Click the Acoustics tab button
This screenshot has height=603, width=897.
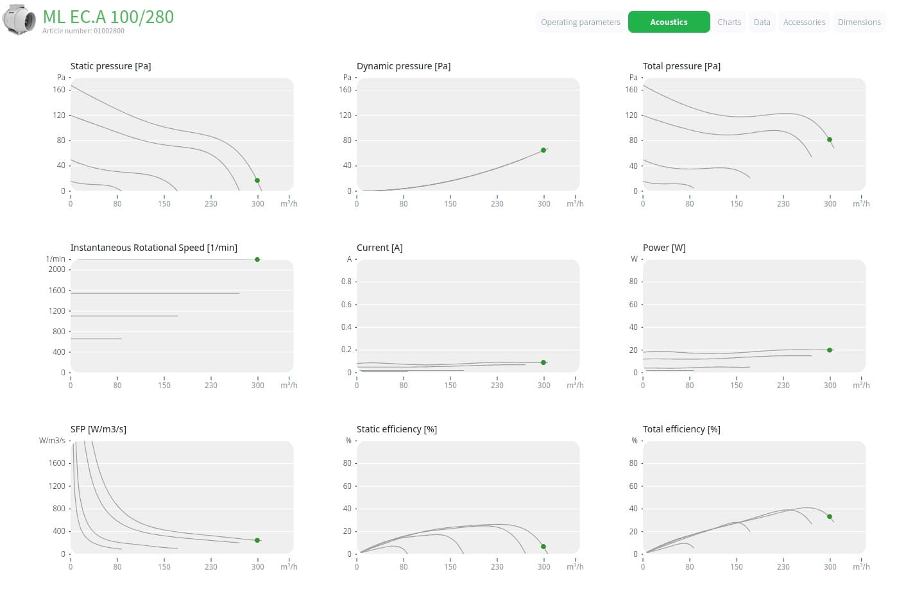[x=669, y=22]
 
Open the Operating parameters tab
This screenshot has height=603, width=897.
[x=580, y=22]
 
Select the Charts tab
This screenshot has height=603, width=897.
[x=729, y=22]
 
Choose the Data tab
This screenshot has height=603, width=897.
[x=762, y=22]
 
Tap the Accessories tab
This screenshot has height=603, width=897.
[x=804, y=22]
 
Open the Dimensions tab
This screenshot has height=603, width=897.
[x=859, y=22]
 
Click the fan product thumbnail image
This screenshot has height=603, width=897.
[x=19, y=19]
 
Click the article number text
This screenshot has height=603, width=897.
[x=83, y=31]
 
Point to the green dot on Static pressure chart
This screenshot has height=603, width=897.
[x=257, y=181]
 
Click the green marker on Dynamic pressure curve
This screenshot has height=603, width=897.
[x=543, y=150]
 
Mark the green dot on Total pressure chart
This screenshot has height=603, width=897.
[x=830, y=140]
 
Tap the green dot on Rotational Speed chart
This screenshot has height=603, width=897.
[x=257, y=259]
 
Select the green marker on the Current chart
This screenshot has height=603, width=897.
[x=543, y=362]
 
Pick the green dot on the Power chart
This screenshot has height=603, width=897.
[x=830, y=350]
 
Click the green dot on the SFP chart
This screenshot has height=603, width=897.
[x=257, y=540]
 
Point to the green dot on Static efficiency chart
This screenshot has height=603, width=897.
[x=543, y=547]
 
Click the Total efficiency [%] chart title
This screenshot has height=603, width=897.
[x=681, y=429]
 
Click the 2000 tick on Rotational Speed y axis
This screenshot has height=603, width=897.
[x=56, y=269]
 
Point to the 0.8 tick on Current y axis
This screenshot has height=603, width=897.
[x=346, y=282]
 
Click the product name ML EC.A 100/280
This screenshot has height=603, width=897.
[x=108, y=17]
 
